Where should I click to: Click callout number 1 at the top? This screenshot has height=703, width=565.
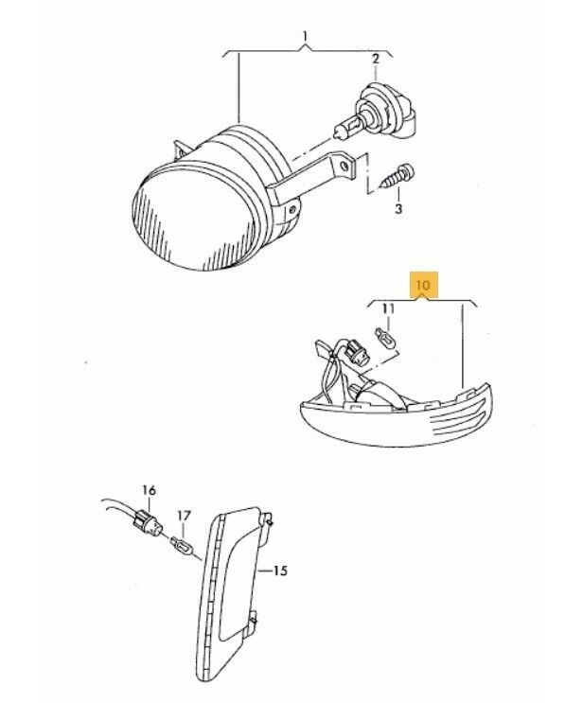coord(306,35)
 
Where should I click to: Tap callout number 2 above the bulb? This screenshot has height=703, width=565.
coord(376,59)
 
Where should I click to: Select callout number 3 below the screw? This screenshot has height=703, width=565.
coord(398,208)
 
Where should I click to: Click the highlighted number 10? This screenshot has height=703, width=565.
coord(423,285)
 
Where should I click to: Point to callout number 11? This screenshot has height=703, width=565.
coord(388,308)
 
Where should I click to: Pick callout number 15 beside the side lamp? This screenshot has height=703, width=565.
coord(280,571)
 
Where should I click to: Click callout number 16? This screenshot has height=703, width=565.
coord(149,490)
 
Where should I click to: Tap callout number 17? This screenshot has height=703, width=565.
coord(184,516)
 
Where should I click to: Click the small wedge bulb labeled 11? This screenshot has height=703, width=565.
coord(385,340)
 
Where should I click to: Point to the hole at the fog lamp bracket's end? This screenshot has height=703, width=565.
coord(344,167)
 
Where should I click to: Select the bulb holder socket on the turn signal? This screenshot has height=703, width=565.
coord(357,352)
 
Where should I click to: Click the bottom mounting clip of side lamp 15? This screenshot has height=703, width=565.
coord(255,617)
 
